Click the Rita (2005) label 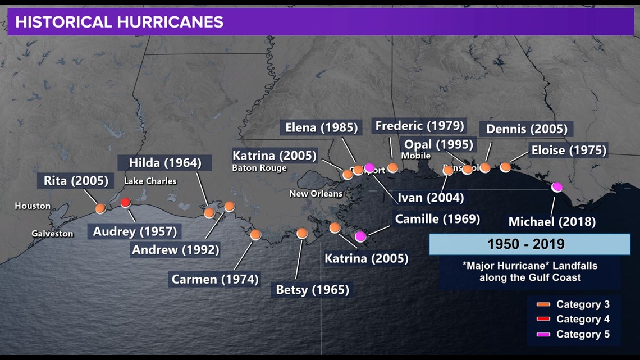click(76, 181)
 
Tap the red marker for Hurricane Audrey click(126, 203)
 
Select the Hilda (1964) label click(165, 163)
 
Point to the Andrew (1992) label click(175, 249)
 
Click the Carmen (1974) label click(215, 279)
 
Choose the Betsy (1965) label click(312, 290)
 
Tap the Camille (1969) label click(437, 218)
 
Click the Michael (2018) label click(552, 221)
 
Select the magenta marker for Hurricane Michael click(557, 187)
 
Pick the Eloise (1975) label click(569, 150)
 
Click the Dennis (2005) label click(526, 129)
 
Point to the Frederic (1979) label click(419, 125)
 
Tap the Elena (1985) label click(321, 127)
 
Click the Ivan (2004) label click(431, 197)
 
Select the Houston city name click(33, 206)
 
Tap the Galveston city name click(52, 234)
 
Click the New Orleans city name click(316, 194)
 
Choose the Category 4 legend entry click(582, 319)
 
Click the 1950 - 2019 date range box click(529, 244)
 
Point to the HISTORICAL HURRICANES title click(119, 22)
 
